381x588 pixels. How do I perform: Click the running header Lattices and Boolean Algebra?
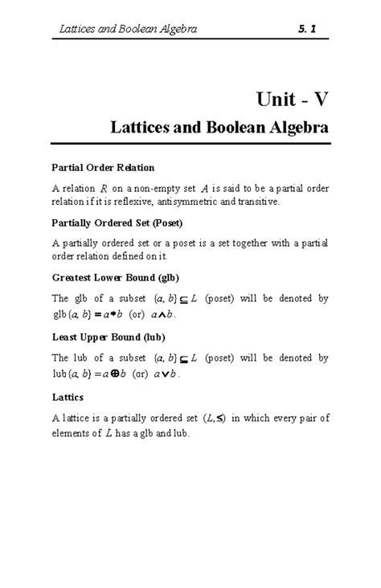click(x=129, y=30)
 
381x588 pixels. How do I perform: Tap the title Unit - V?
click(x=290, y=100)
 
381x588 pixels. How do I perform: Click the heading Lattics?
click(x=70, y=397)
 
